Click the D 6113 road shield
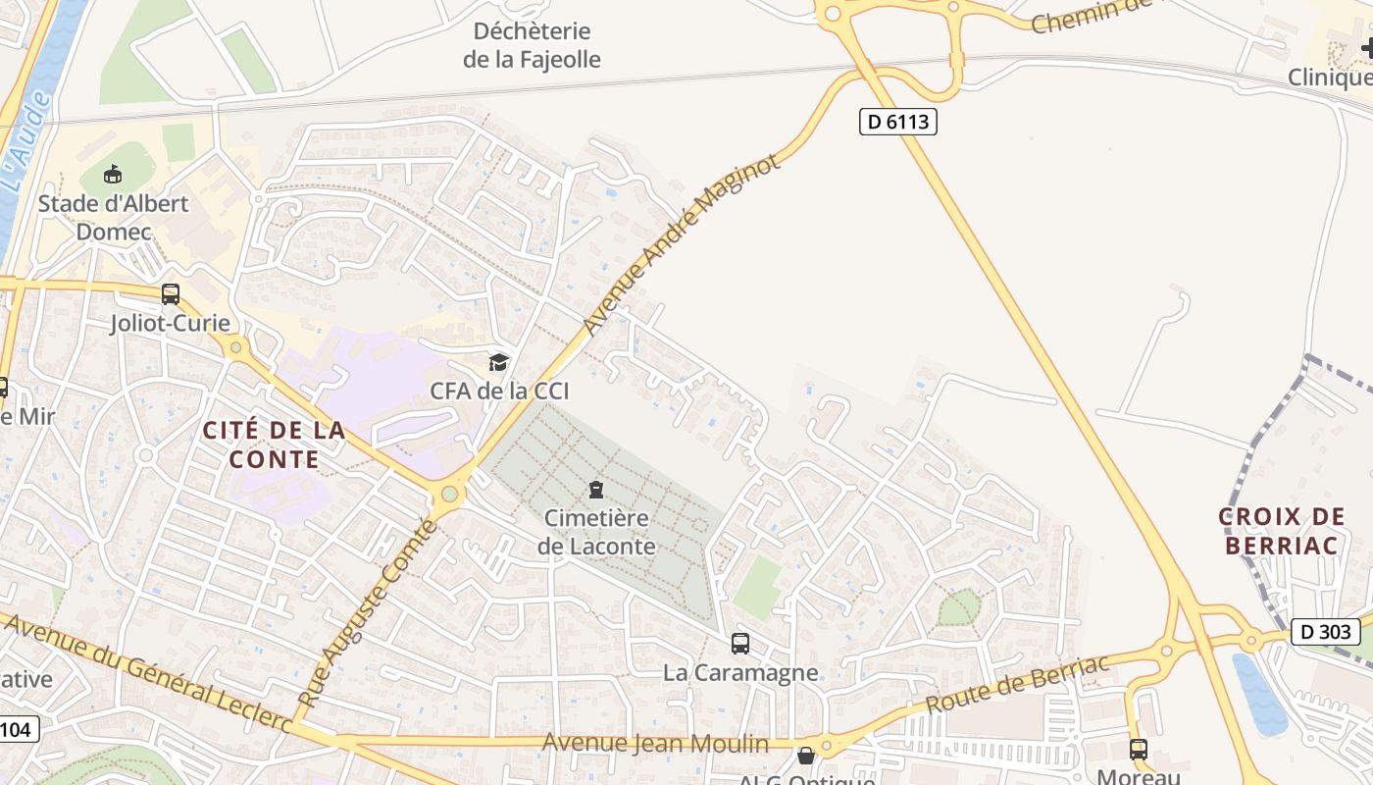coord(897,122)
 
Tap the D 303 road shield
coord(1325,632)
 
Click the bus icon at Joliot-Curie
coord(171,293)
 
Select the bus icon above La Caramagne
coord(740,644)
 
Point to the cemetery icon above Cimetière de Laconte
coord(595,489)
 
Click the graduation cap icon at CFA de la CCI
coord(499,362)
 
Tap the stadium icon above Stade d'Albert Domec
coord(113,175)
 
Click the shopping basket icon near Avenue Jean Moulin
coord(806,756)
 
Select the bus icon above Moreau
coord(1138,749)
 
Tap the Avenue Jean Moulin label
coord(656,743)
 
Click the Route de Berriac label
coord(1018,683)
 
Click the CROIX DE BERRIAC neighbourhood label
coord(1282,531)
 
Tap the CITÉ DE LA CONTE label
coord(274,445)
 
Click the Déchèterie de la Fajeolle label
coord(532,45)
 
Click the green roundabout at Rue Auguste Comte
coord(450,494)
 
